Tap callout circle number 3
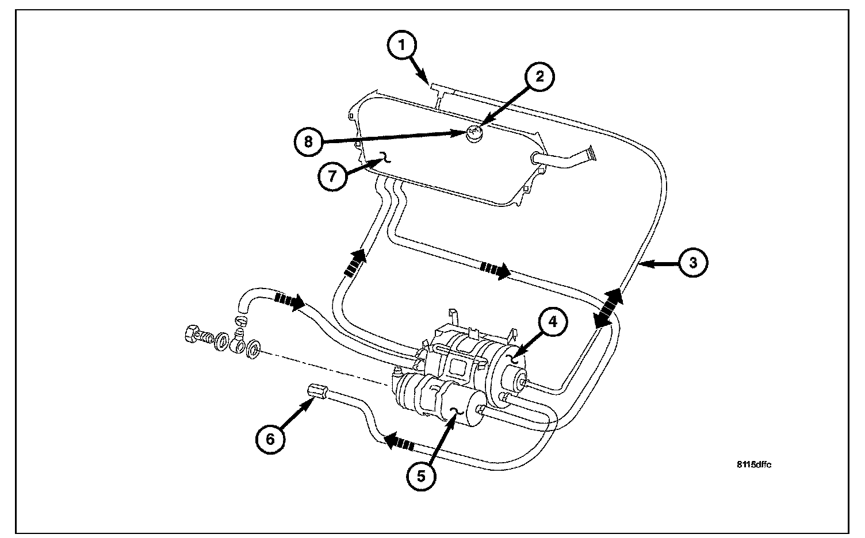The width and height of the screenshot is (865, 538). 692,263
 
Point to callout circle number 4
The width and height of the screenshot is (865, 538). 552,323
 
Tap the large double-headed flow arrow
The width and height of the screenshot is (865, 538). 609,309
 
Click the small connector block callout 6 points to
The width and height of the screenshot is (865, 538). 318,392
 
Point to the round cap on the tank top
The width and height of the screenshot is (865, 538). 474,134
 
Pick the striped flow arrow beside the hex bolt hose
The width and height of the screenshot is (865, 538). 289,301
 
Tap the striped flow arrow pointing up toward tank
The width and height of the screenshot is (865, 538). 355,263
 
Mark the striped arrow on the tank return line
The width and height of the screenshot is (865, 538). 494,269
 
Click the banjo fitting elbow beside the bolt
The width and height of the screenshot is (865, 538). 240,343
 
